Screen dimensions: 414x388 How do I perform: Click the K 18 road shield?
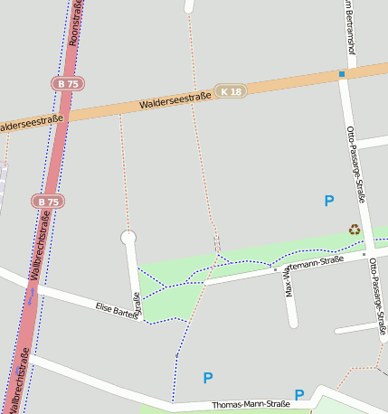232,91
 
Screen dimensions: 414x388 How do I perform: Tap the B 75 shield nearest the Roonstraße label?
66,83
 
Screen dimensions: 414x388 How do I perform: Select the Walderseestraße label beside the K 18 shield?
175,100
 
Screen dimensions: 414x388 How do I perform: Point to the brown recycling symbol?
355,230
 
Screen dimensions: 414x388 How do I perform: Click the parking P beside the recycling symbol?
329,201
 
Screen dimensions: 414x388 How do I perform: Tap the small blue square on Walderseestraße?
342,74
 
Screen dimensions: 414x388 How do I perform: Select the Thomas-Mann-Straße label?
251,404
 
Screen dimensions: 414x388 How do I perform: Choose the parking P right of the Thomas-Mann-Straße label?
299,394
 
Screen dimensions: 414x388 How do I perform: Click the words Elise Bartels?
115,310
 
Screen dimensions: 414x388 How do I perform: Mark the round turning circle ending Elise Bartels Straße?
128,238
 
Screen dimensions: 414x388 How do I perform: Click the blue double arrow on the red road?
32,295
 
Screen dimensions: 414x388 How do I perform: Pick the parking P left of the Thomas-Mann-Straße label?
208,378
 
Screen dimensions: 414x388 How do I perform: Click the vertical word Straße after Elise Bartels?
137,306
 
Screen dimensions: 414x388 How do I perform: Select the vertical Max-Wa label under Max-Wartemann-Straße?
289,282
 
